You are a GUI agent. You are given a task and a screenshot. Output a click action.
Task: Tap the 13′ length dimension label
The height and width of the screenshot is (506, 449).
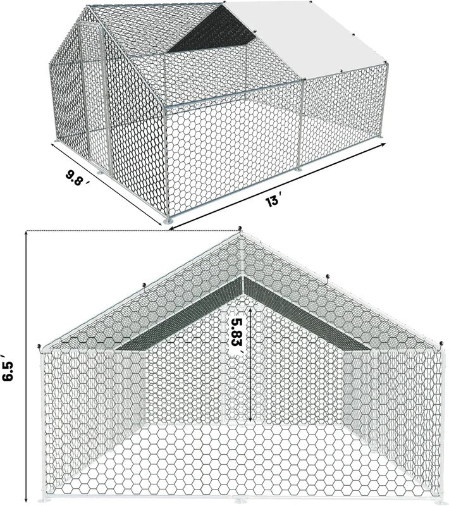click(273, 201)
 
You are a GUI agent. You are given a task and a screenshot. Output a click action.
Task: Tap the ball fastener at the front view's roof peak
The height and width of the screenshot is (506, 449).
click(240, 229)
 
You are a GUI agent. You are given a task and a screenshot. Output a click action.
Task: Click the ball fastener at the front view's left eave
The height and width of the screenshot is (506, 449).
click(39, 347)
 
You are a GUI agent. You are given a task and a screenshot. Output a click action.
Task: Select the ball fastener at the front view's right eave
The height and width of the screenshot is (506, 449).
click(441, 343)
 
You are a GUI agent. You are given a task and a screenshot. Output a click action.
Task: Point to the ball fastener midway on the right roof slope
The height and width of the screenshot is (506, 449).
click(328, 276)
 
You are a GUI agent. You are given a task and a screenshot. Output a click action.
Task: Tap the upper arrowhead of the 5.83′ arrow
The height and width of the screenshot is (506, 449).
click(250, 308)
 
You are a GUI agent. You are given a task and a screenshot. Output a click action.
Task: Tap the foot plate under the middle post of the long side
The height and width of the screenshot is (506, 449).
click(298, 169)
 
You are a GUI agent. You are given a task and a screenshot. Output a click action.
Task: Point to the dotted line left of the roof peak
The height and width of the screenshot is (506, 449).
click(132, 231)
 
